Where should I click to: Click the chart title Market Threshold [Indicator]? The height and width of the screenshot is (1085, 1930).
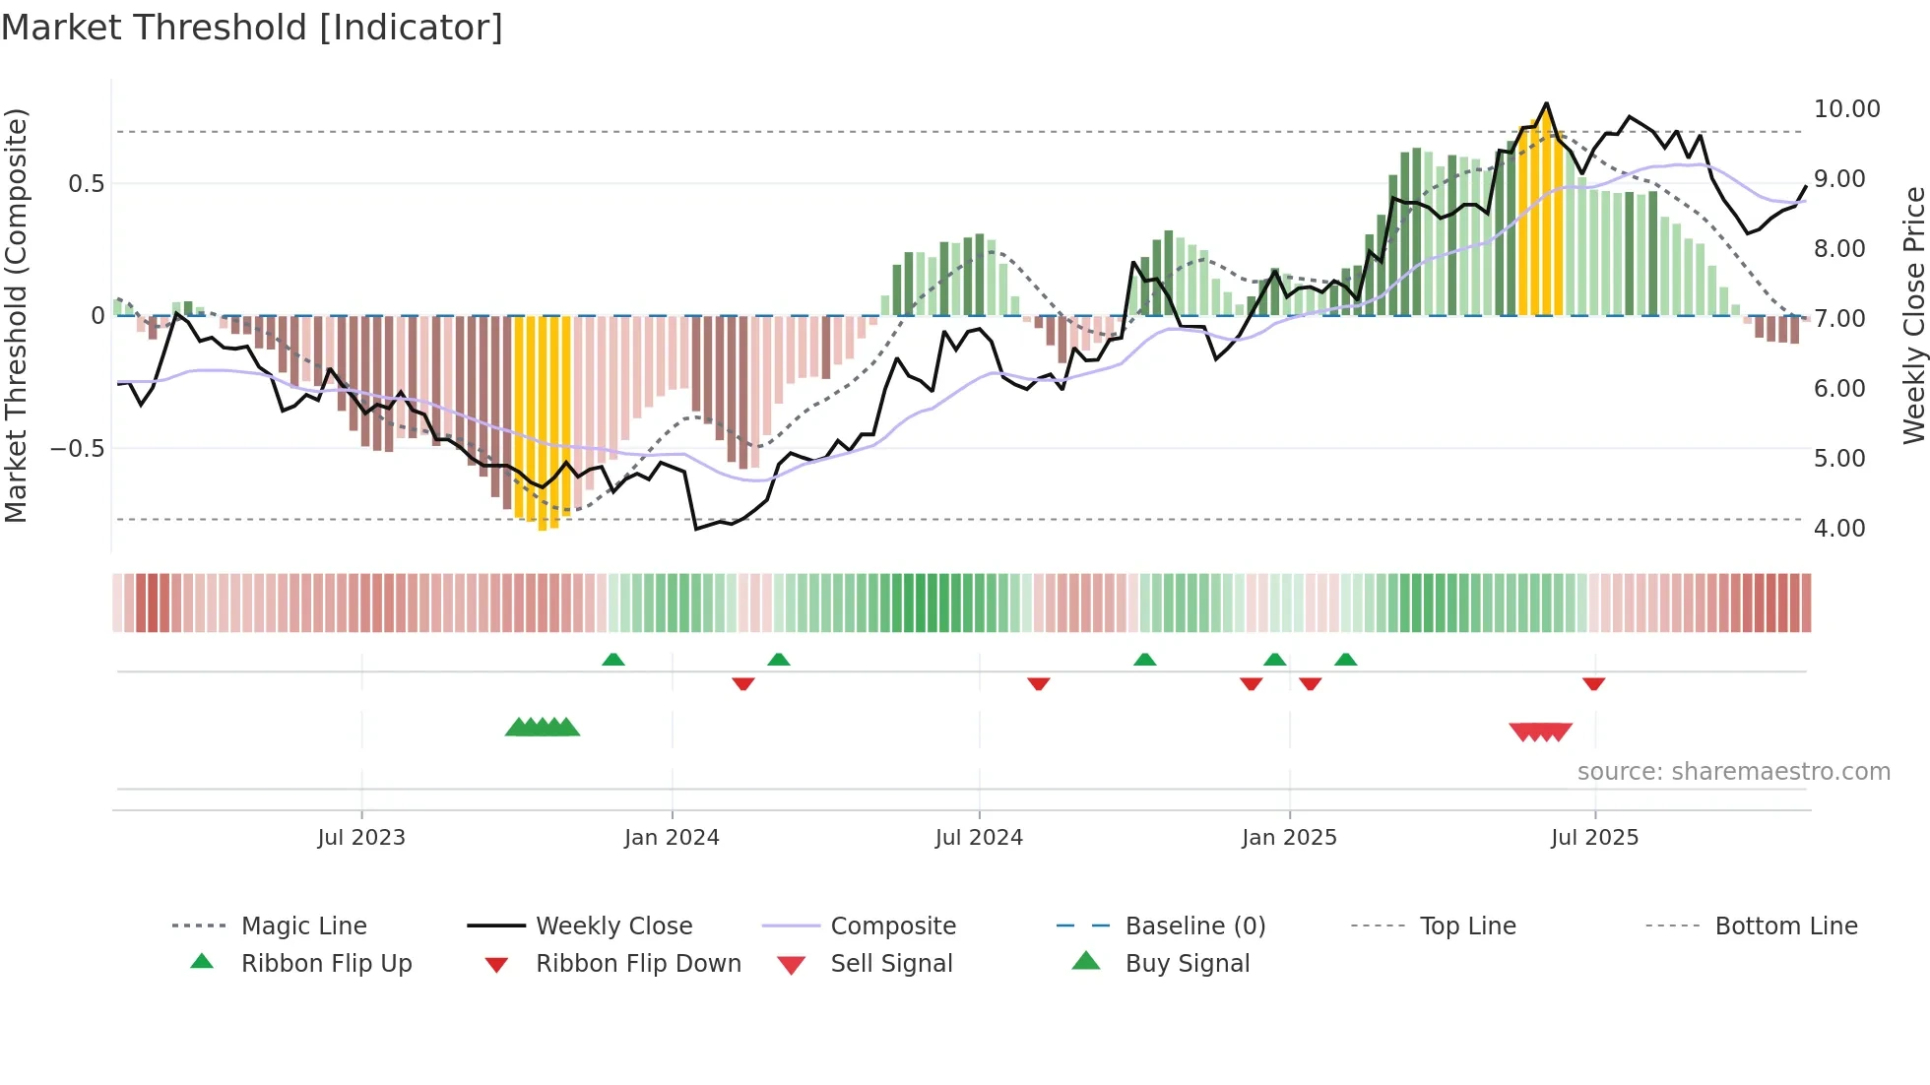[x=252, y=28]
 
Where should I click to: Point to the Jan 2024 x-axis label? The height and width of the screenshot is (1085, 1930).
[x=672, y=838]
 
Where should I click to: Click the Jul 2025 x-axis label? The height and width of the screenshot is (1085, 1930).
[x=1594, y=838]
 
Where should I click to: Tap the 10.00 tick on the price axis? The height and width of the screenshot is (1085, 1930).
[x=1846, y=109]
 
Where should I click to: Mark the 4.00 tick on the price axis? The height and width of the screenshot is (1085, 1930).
[x=1839, y=529]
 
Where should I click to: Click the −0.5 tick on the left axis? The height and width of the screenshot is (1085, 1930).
[x=77, y=449]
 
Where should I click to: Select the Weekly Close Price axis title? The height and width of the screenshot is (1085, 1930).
[x=1913, y=315]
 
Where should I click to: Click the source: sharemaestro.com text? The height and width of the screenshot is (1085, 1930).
[x=1733, y=772]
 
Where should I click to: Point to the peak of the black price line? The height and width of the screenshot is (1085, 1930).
[x=1546, y=103]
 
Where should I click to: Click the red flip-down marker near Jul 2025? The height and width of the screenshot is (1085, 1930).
[x=1594, y=684]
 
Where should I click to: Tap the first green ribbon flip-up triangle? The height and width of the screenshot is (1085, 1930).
[x=613, y=659]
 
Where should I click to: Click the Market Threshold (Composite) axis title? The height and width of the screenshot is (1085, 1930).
[x=16, y=315]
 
